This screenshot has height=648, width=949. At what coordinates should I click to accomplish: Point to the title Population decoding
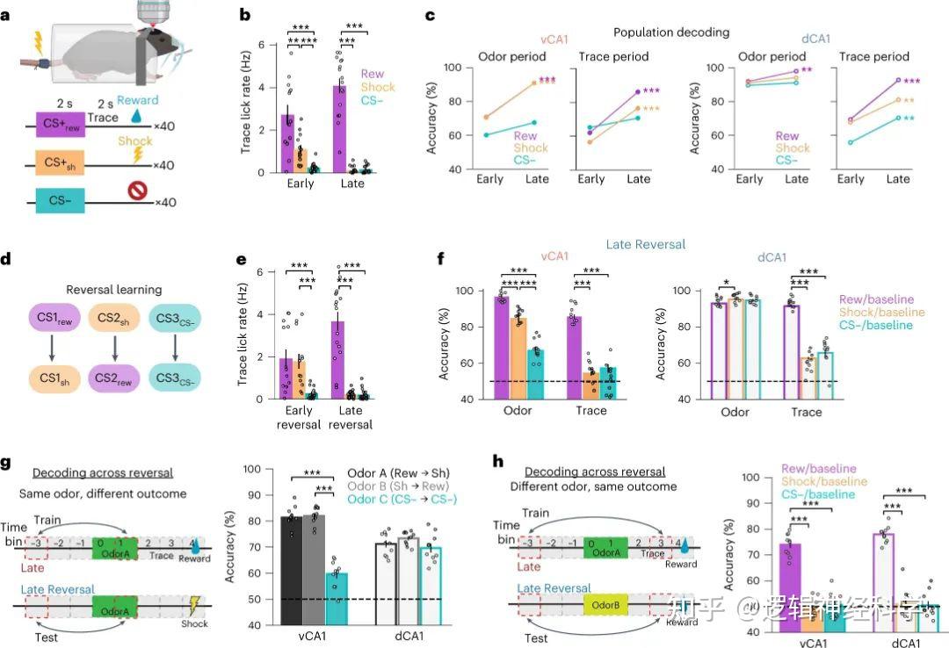click(671, 32)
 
